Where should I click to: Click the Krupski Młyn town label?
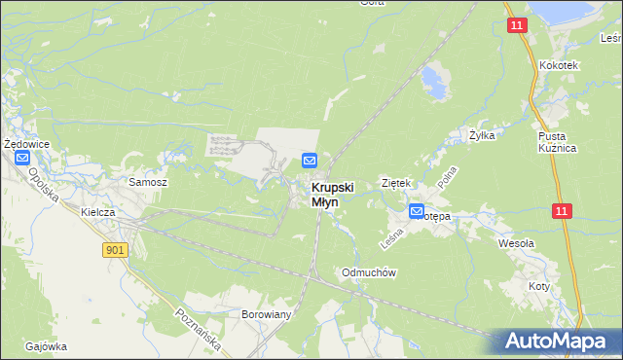(333, 195)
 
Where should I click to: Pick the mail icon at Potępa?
(417, 211)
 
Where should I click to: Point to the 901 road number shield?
(116, 250)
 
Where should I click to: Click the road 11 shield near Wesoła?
(562, 210)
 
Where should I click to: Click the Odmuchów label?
(367, 272)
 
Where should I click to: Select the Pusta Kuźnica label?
(558, 142)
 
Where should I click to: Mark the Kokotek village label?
(559, 65)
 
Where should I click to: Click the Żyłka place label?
(482, 135)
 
